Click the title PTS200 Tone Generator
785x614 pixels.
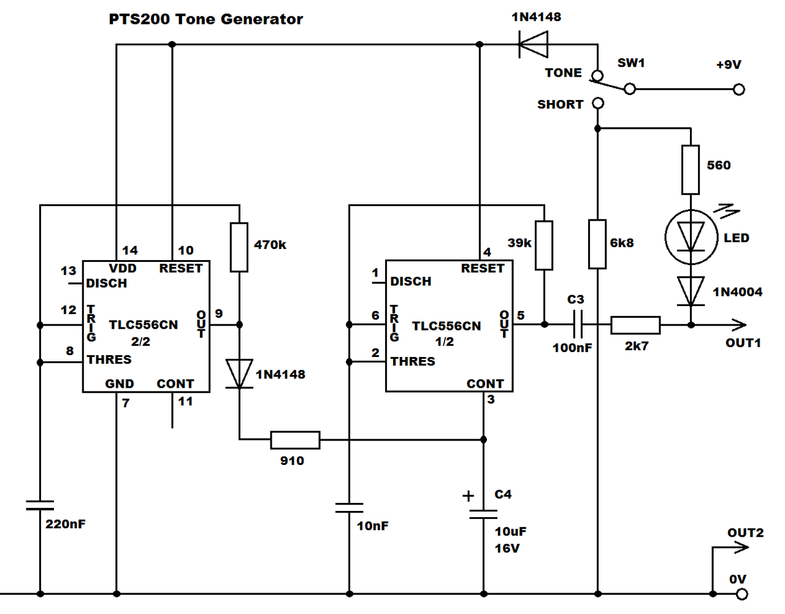(205, 19)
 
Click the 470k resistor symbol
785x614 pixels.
(239, 247)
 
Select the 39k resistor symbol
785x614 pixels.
(544, 245)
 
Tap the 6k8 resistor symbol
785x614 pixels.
(597, 244)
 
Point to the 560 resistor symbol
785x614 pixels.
(691, 170)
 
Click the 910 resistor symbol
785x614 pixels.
(295, 440)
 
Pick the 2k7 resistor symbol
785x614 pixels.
(635, 325)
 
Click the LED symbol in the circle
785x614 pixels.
(691, 237)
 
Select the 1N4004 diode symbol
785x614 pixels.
(691, 291)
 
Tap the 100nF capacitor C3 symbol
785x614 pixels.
(577, 324)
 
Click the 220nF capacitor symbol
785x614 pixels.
(40, 505)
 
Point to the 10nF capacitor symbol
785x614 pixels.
(349, 508)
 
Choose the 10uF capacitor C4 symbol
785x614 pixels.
(483, 514)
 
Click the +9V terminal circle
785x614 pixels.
(739, 90)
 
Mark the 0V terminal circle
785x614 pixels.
(742, 594)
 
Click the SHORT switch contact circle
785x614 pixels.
(598, 104)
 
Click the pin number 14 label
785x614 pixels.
(130, 250)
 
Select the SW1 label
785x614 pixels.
(631, 63)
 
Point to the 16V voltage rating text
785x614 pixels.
(507, 548)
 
